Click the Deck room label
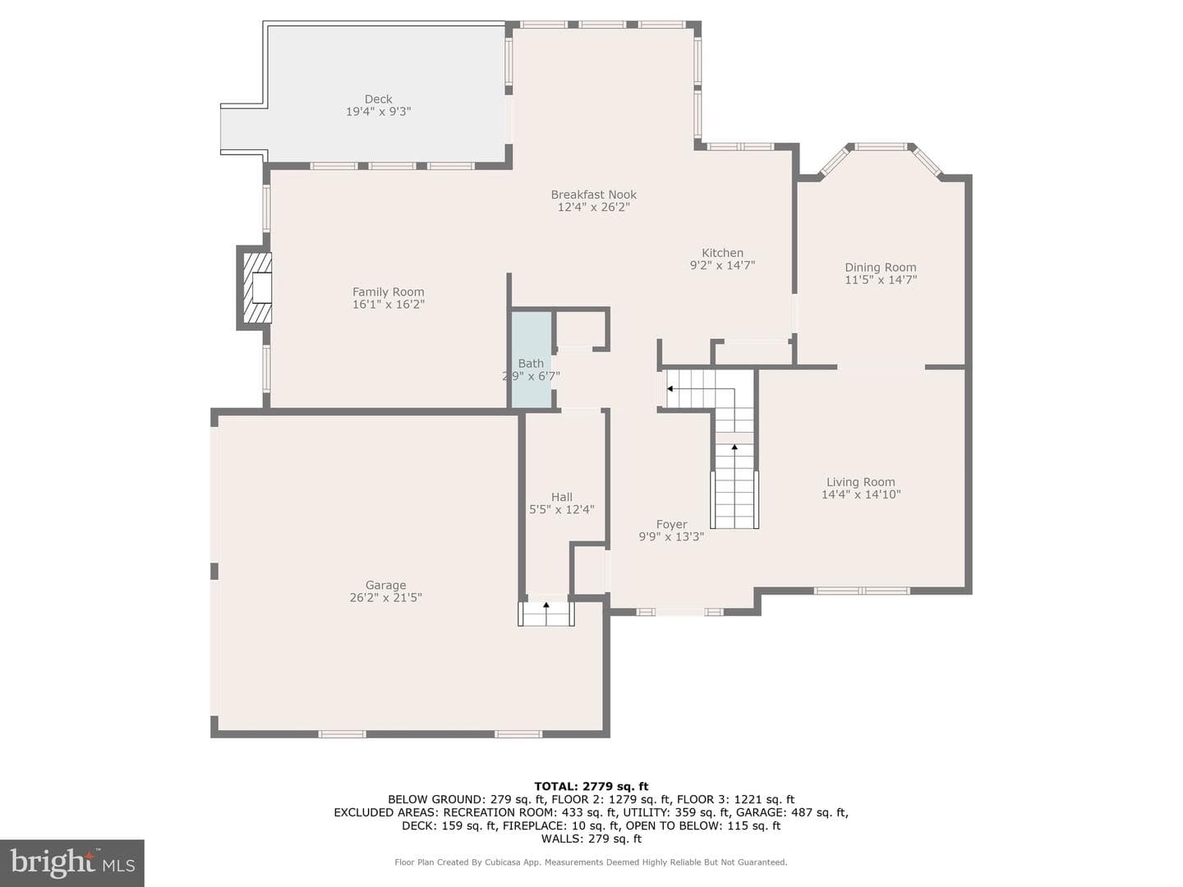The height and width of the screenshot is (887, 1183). tap(379, 99)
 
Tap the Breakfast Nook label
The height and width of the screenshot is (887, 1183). tap(593, 195)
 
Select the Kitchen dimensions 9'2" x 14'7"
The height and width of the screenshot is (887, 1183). tap(722, 265)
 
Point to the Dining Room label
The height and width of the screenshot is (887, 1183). tap(880, 267)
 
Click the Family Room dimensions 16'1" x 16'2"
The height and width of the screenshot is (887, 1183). tap(388, 304)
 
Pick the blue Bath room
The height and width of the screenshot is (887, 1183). tap(532, 359)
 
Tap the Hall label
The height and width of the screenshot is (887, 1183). tap(562, 497)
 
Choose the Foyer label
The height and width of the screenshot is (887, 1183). tap(671, 524)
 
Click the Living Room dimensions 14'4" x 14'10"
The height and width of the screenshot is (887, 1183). tap(861, 494)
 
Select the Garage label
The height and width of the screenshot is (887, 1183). tap(385, 585)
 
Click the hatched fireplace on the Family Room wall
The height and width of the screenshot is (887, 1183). tap(256, 287)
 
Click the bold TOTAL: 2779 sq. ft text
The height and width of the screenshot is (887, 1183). tap(591, 787)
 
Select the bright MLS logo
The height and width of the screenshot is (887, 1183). tap(72, 863)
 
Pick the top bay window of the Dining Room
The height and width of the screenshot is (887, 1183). tap(881, 146)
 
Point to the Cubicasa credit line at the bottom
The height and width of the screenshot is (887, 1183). tap(591, 862)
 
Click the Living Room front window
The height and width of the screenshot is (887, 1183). tap(861, 591)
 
